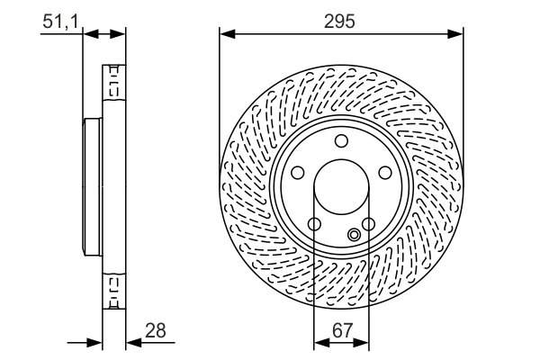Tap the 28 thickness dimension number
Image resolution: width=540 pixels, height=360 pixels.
(156, 330)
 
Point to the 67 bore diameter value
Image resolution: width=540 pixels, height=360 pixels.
(341, 330)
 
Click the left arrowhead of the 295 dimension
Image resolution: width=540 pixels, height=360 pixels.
(225, 34)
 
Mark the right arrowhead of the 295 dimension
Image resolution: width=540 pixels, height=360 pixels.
(458, 34)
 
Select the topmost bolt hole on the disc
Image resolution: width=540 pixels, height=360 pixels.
(341, 140)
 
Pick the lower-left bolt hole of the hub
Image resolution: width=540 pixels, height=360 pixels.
(314, 224)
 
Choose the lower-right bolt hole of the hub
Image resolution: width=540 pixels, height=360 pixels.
(368, 224)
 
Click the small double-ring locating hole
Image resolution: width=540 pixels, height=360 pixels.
(354, 236)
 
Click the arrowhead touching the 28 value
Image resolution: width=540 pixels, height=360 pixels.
(131, 342)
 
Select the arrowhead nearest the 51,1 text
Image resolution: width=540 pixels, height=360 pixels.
(88, 34)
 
